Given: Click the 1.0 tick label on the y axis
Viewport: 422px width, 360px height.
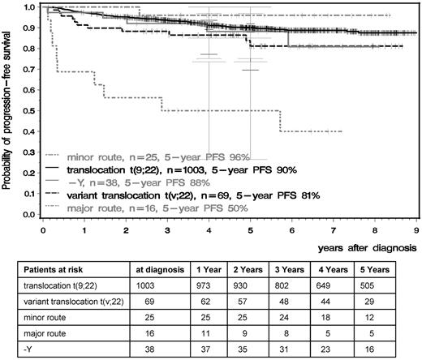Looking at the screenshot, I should pyautogui.click(x=30, y=7).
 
